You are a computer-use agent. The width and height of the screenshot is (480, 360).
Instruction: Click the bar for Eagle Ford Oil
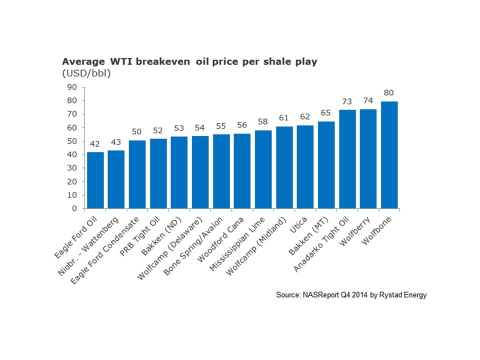[x=95, y=180]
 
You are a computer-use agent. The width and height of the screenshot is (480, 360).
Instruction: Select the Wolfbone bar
[x=389, y=155]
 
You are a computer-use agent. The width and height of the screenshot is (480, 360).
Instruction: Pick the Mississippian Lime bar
[x=263, y=169]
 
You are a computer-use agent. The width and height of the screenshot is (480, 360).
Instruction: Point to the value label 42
[x=95, y=144]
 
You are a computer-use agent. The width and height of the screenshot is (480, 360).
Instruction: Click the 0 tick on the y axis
[x=74, y=208]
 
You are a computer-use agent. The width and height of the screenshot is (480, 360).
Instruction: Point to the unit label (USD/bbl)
[x=86, y=73]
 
